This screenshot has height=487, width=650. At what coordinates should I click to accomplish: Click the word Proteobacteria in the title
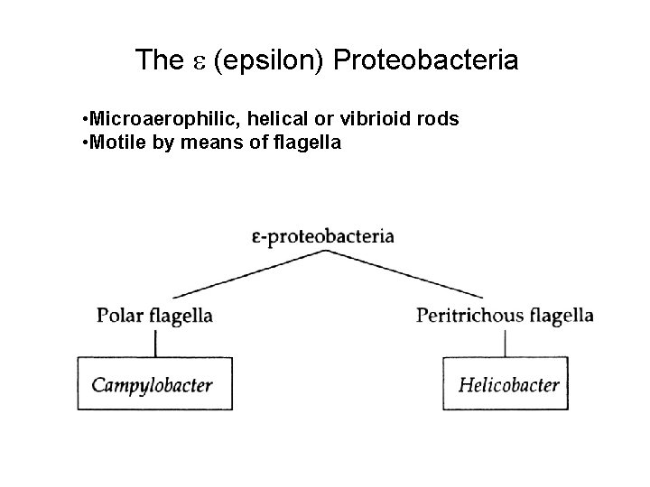click(x=426, y=61)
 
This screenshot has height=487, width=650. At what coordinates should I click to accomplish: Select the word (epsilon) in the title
click(x=270, y=62)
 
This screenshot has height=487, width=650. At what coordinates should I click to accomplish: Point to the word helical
click(x=261, y=120)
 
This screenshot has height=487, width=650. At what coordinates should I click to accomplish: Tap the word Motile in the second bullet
click(x=112, y=142)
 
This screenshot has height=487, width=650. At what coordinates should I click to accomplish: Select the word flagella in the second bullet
click(x=306, y=142)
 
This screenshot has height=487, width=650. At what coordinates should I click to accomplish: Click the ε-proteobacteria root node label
click(x=324, y=237)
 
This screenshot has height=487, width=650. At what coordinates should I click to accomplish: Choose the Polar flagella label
click(x=154, y=316)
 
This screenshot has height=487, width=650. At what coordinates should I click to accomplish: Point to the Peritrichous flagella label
click(x=505, y=315)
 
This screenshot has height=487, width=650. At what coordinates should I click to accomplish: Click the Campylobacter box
click(x=154, y=384)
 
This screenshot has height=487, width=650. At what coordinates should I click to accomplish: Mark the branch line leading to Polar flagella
click(x=244, y=275)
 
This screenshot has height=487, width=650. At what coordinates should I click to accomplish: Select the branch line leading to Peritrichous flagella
click(x=406, y=275)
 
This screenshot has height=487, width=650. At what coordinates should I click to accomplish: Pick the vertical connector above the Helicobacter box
click(x=504, y=342)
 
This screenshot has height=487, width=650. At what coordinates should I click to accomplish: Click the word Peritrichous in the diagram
click(x=469, y=315)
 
